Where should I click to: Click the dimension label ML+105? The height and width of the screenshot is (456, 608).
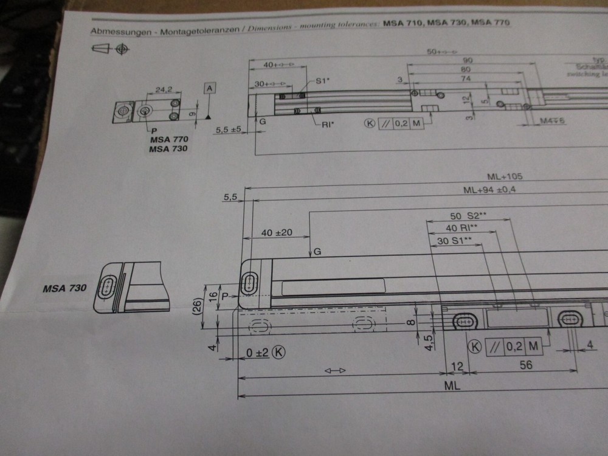(x=505, y=177)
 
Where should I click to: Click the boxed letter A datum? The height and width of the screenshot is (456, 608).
(x=209, y=89)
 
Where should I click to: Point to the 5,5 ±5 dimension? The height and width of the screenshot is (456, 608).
(x=229, y=130)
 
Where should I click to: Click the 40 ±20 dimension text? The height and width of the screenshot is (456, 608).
(x=277, y=233)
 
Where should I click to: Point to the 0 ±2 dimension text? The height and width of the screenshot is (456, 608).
(x=258, y=353)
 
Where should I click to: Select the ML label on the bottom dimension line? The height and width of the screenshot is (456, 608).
(x=451, y=385)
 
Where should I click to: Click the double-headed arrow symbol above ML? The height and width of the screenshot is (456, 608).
(x=335, y=370)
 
